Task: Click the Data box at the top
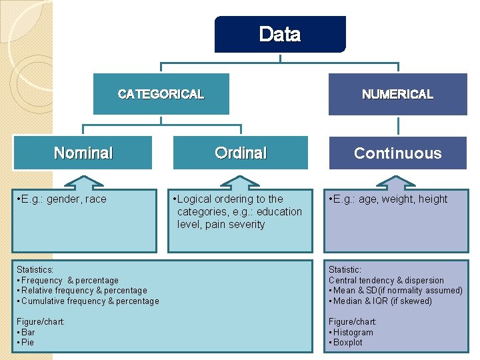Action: point(280,34)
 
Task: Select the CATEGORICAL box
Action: point(161,94)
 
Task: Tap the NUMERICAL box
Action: point(397,94)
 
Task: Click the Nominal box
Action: point(83,153)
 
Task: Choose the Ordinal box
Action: point(241,153)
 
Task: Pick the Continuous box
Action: point(397,153)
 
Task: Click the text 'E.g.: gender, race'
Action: point(63,199)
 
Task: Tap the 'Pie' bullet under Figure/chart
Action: point(27,342)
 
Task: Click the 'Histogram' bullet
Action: point(353,332)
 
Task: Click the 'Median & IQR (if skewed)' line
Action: point(383,301)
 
